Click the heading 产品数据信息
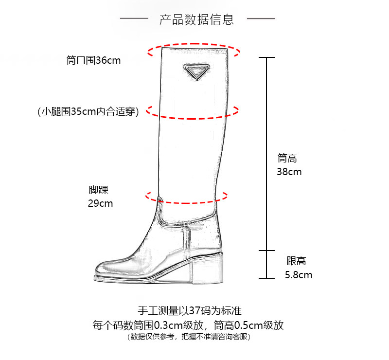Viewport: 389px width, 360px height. (197, 19)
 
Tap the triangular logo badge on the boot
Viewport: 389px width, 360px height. (196, 71)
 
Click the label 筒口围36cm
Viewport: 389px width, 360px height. (93, 61)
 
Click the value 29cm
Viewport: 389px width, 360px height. (100, 203)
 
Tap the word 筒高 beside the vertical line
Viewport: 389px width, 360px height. (287, 158)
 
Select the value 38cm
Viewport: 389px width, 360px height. (289, 172)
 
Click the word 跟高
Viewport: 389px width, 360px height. (296, 261)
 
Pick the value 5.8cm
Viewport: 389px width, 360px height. (299, 275)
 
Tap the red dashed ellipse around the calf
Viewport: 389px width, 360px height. (194, 117)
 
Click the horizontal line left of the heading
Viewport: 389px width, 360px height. (134, 19)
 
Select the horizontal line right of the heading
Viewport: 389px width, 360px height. (261, 19)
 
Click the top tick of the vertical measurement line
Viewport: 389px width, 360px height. (266, 57)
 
